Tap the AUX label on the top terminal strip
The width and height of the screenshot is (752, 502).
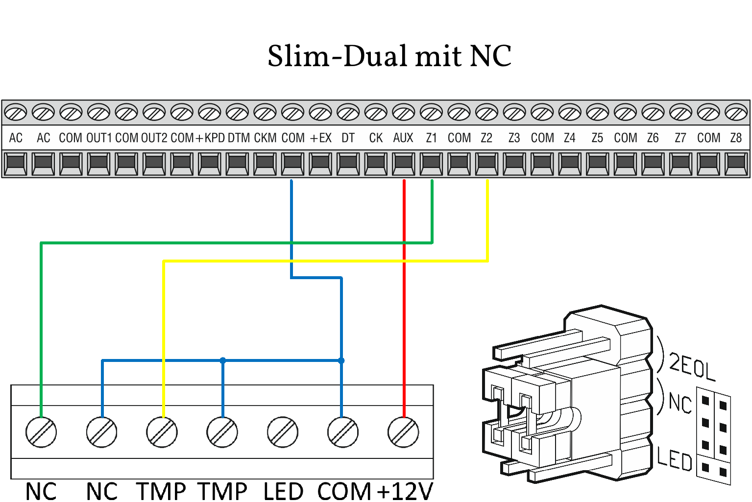point(403,138)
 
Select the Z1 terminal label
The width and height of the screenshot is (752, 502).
point(431,138)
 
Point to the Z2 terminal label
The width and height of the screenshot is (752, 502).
point(486,138)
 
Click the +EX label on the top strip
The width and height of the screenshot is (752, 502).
point(321,138)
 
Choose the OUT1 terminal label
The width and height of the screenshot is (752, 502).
point(99,138)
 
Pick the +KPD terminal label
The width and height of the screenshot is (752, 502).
point(210,138)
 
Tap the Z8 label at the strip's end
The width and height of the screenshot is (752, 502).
point(736,138)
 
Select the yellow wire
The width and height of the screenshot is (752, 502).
point(323,261)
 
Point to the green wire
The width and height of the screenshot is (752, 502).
point(235,242)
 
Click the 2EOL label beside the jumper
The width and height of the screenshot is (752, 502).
point(692,366)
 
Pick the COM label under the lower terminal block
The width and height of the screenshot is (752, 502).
point(344,491)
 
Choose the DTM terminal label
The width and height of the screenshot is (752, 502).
point(239,138)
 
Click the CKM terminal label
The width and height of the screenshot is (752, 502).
point(265,138)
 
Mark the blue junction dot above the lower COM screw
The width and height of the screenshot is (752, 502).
point(341,360)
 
